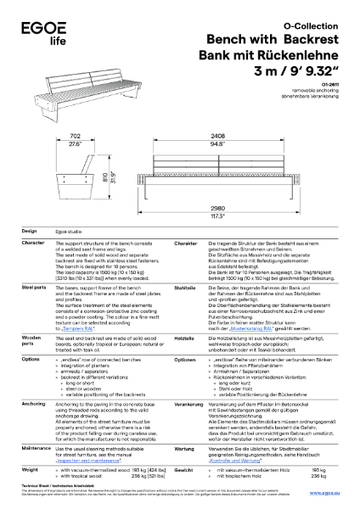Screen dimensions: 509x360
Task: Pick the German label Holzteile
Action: tap(184, 336)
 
